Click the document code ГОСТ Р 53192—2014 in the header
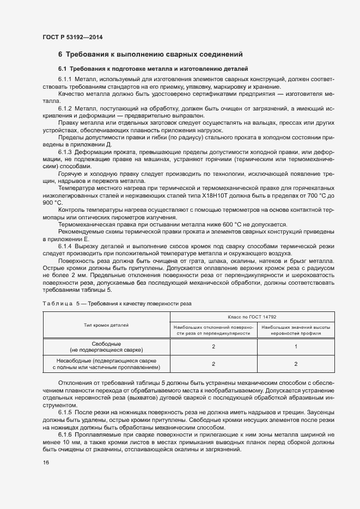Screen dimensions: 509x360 click(x=72, y=38)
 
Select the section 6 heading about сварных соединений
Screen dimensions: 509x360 click(x=150, y=54)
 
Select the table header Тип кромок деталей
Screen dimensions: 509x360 click(x=106, y=324)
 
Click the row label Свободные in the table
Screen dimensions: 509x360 click(x=106, y=345)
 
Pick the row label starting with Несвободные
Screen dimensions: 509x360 click(x=106, y=360)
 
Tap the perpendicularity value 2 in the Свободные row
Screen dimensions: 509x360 click(x=214, y=347)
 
